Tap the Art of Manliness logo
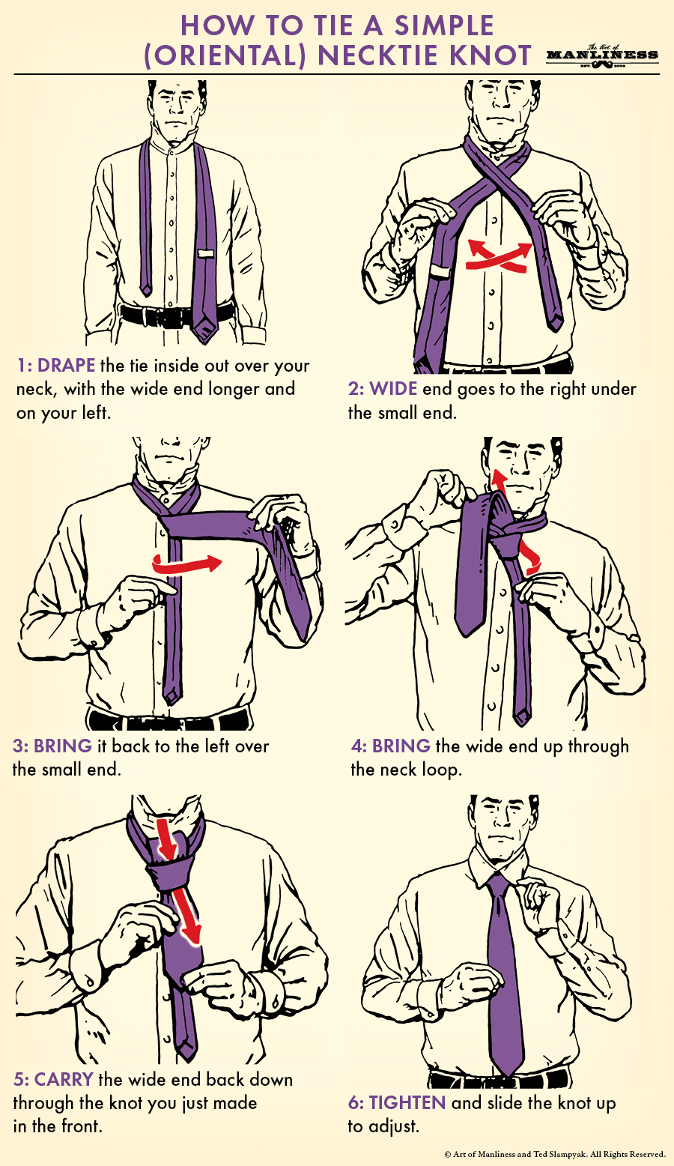point(602,55)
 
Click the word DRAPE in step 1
point(66,366)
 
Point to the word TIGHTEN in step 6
point(407,1103)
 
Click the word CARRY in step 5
point(64,1080)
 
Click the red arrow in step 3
point(187,564)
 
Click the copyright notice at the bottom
point(554,1154)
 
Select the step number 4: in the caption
point(359,746)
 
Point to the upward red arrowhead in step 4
point(496,477)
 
